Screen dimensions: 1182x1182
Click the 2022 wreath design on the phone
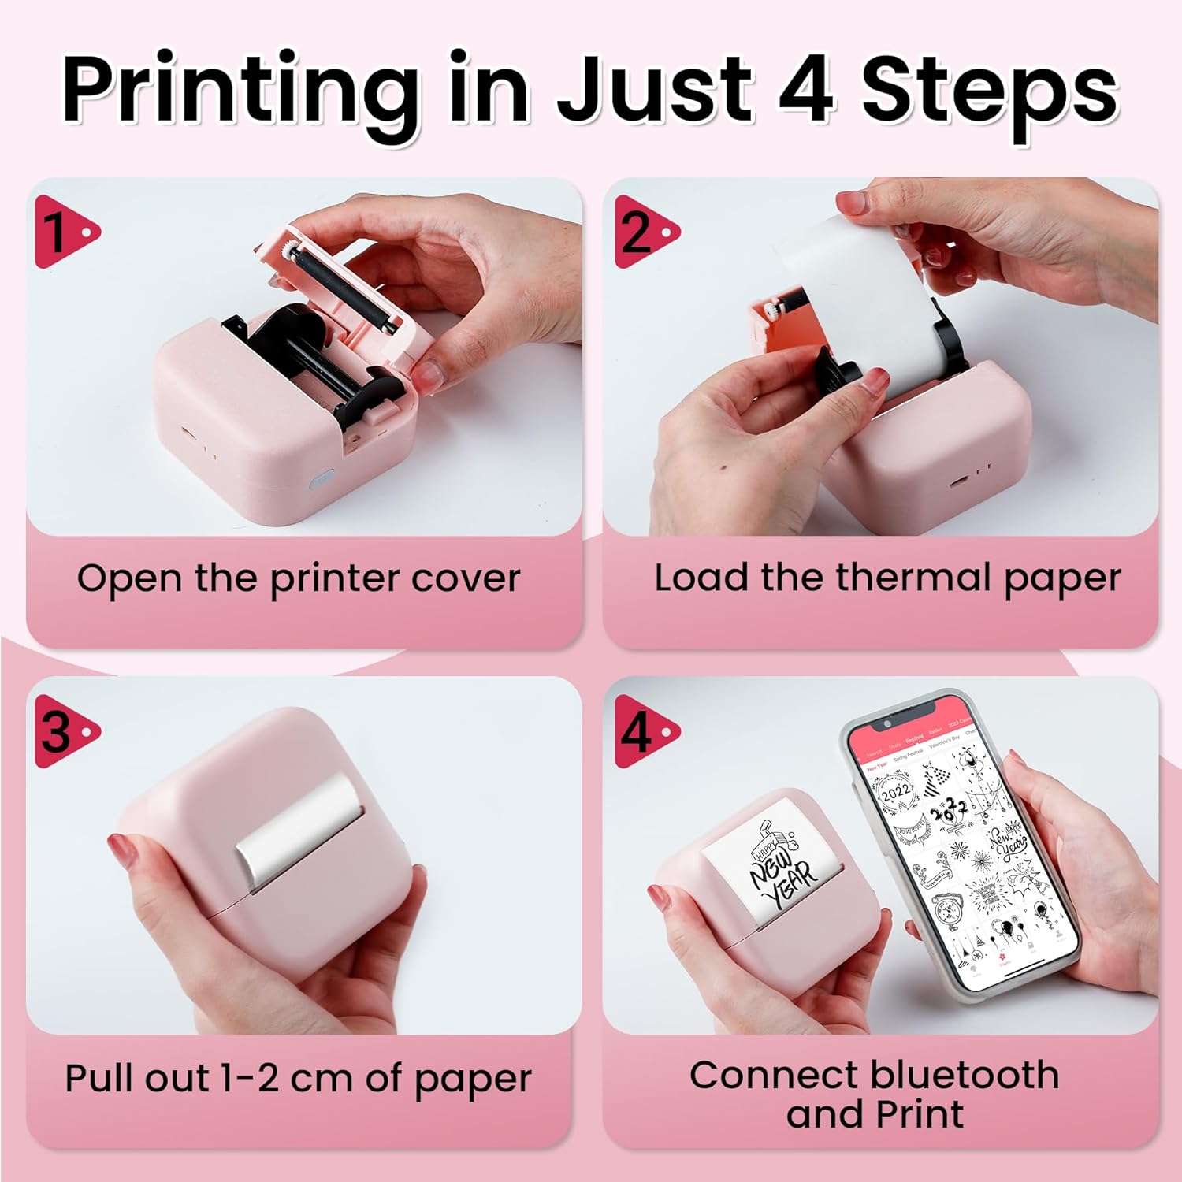896,790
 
